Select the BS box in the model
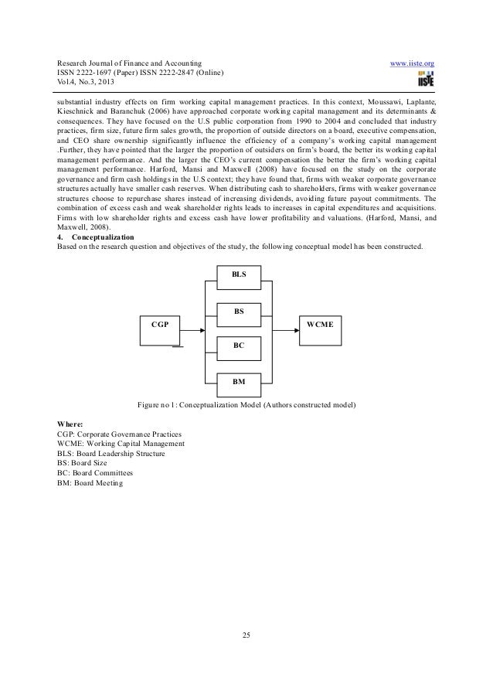click(239, 312)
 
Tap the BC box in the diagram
click(239, 347)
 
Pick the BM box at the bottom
click(239, 382)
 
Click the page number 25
click(246, 635)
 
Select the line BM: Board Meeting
click(90, 484)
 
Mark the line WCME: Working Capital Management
click(121, 444)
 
